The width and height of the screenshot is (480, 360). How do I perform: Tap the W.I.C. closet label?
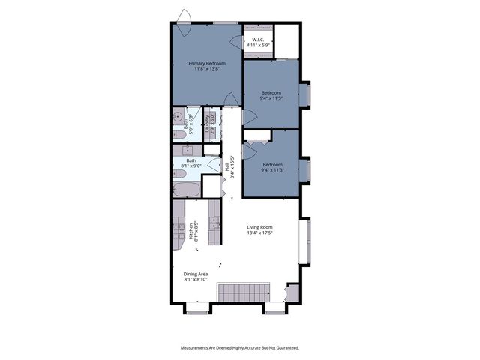coord(257,43)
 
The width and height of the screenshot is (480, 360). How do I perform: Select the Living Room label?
coord(260,230)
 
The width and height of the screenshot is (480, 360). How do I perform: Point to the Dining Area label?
coord(196,277)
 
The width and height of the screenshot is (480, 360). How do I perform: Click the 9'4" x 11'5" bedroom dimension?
coord(271,95)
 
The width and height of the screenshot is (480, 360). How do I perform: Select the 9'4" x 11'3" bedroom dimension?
coord(272,167)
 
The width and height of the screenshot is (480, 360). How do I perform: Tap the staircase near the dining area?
coord(243,292)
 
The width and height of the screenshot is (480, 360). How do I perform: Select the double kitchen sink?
coord(214,222)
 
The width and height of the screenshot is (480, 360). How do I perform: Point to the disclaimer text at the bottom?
coord(239,347)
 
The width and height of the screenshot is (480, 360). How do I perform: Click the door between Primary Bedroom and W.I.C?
coord(236,43)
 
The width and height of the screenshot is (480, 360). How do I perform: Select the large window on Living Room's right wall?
coord(304,241)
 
